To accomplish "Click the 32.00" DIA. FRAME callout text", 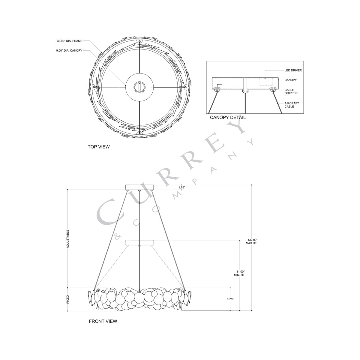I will tap(69, 40).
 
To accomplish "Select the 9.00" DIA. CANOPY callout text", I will tap(69, 51).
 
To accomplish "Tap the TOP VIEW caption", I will tap(98, 147).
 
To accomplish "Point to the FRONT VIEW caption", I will tap(103, 321).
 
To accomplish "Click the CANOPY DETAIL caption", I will tap(228, 118).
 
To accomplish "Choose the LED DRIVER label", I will tap(293, 70).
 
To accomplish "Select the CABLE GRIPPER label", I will tap(291, 91).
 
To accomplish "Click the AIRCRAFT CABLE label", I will tap(292, 105).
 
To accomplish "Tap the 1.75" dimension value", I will tap(182, 187).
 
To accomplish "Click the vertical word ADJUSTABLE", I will tap(68, 238).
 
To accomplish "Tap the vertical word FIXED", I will tap(68, 299).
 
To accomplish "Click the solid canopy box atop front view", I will tap(139, 187).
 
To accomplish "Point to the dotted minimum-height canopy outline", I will tap(139, 242).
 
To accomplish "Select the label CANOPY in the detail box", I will tap(290, 80).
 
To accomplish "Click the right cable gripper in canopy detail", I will tap(273, 89).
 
